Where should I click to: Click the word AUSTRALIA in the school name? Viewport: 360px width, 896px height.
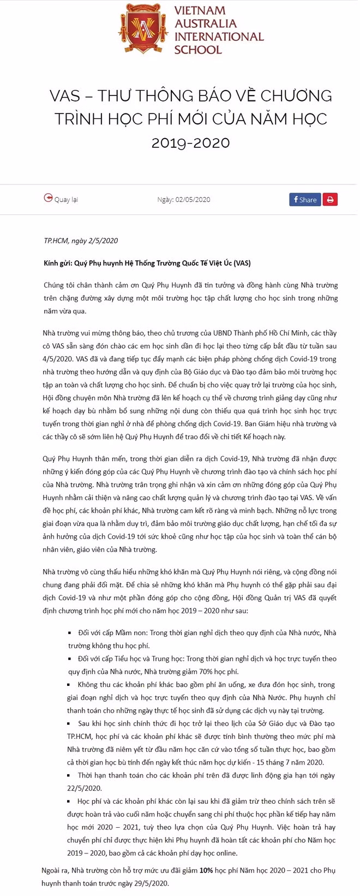(x=205, y=24)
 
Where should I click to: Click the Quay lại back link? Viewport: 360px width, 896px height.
(x=66, y=200)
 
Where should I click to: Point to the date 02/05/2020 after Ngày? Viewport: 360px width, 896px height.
(x=193, y=200)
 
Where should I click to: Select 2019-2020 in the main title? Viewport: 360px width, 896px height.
(x=190, y=143)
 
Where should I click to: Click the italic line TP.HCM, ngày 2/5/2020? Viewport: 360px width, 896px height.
(x=81, y=241)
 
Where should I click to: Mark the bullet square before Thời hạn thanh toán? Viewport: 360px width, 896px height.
(x=70, y=775)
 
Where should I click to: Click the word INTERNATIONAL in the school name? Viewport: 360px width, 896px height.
(x=219, y=37)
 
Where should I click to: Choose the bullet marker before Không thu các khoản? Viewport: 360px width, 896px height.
(x=70, y=685)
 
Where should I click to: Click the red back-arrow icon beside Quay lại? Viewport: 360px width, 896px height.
(x=48, y=199)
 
